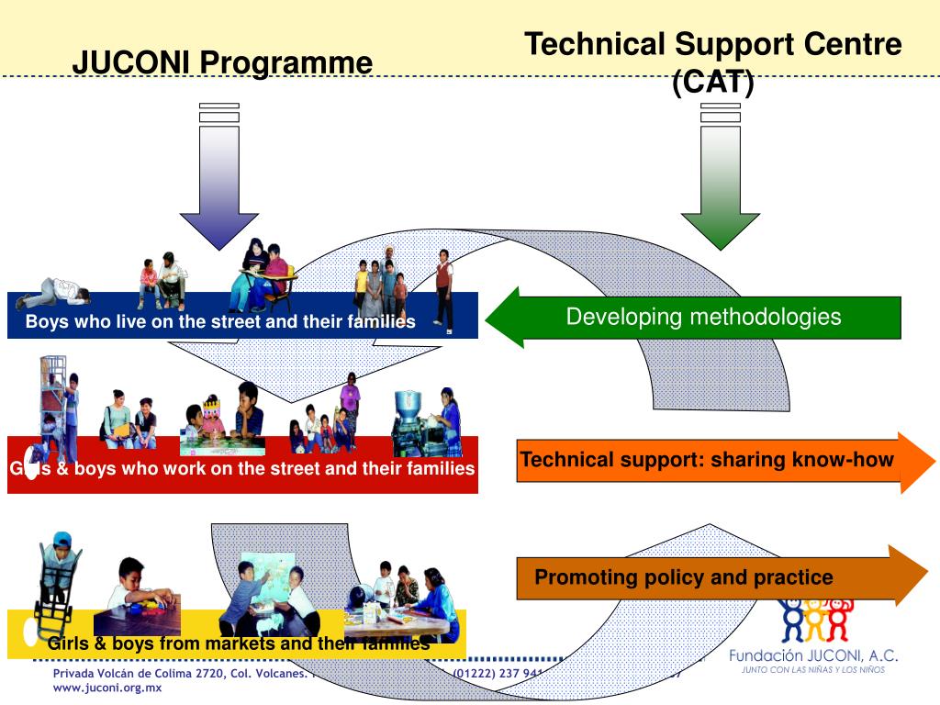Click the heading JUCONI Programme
[222, 62]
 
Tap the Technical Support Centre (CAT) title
[712, 61]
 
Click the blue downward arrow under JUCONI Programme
[218, 184]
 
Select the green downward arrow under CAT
[720, 184]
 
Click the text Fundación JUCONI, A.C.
[813, 655]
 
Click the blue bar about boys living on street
[220, 321]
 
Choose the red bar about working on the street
[242, 469]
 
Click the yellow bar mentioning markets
[239, 643]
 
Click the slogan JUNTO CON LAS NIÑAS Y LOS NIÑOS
[813, 671]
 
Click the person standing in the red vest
[444, 288]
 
